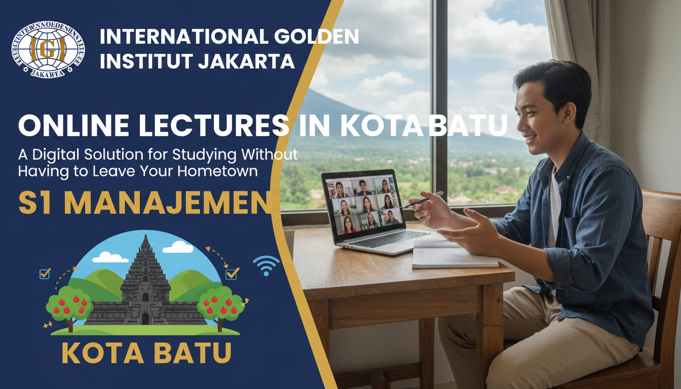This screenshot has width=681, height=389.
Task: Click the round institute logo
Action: [48, 49]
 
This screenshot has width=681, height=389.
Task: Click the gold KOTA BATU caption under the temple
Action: [146, 353]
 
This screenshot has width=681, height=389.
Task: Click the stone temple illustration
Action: [145, 286]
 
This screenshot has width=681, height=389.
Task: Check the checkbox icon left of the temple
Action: [45, 273]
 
